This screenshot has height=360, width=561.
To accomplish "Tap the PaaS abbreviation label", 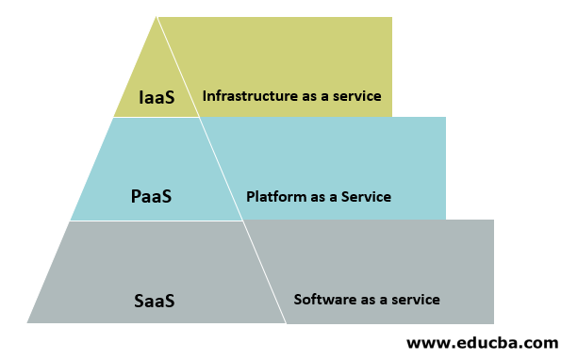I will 151,198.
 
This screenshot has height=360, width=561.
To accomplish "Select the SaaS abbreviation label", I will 155,302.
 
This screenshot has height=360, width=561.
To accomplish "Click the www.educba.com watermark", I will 482,343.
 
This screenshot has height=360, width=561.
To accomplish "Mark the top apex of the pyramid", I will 156,17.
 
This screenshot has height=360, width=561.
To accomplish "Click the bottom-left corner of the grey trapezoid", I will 27,323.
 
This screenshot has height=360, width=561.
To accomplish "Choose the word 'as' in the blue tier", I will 319,197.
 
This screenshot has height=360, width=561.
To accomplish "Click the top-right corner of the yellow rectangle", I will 391,17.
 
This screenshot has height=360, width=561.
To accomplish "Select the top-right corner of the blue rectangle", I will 445,118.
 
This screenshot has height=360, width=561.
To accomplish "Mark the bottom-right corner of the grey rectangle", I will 493,323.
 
